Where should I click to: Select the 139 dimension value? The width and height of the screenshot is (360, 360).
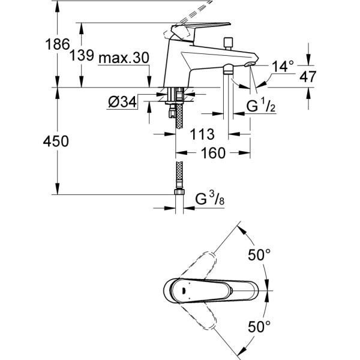click(82, 56)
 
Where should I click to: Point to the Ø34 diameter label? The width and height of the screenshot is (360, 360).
click(122, 103)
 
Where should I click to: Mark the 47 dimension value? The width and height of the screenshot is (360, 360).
click(324, 76)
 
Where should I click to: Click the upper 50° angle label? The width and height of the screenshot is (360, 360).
click(261, 255)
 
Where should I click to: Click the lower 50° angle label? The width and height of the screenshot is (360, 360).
click(261, 327)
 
